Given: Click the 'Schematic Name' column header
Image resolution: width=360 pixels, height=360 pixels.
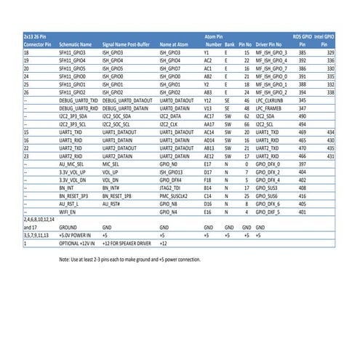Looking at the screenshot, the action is click(x=74, y=44).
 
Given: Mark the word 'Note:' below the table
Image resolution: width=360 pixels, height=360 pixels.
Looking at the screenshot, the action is click(x=64, y=259).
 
